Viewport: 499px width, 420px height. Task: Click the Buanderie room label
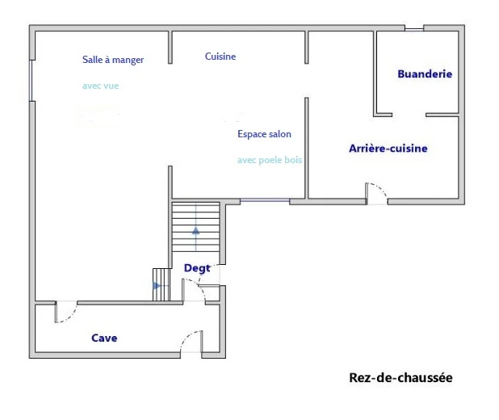425,73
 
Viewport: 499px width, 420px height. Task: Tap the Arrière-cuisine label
388,149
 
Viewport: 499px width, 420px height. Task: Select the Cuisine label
220,57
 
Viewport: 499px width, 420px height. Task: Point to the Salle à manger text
113,60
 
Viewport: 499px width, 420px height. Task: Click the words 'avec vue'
101,86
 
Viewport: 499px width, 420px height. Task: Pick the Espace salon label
264,134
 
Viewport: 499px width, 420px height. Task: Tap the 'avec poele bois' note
270,160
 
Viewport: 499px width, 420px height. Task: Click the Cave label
104,338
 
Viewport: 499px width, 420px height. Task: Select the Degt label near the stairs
197,268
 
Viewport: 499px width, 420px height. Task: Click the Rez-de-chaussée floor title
400,378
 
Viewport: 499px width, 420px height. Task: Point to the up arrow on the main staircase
195,230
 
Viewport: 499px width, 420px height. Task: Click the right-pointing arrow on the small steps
157,286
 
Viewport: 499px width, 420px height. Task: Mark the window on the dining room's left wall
31,81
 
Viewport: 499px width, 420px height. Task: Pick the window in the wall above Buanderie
414,29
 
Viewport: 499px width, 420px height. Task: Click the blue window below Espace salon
265,200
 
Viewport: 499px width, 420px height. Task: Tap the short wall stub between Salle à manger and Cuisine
170,47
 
